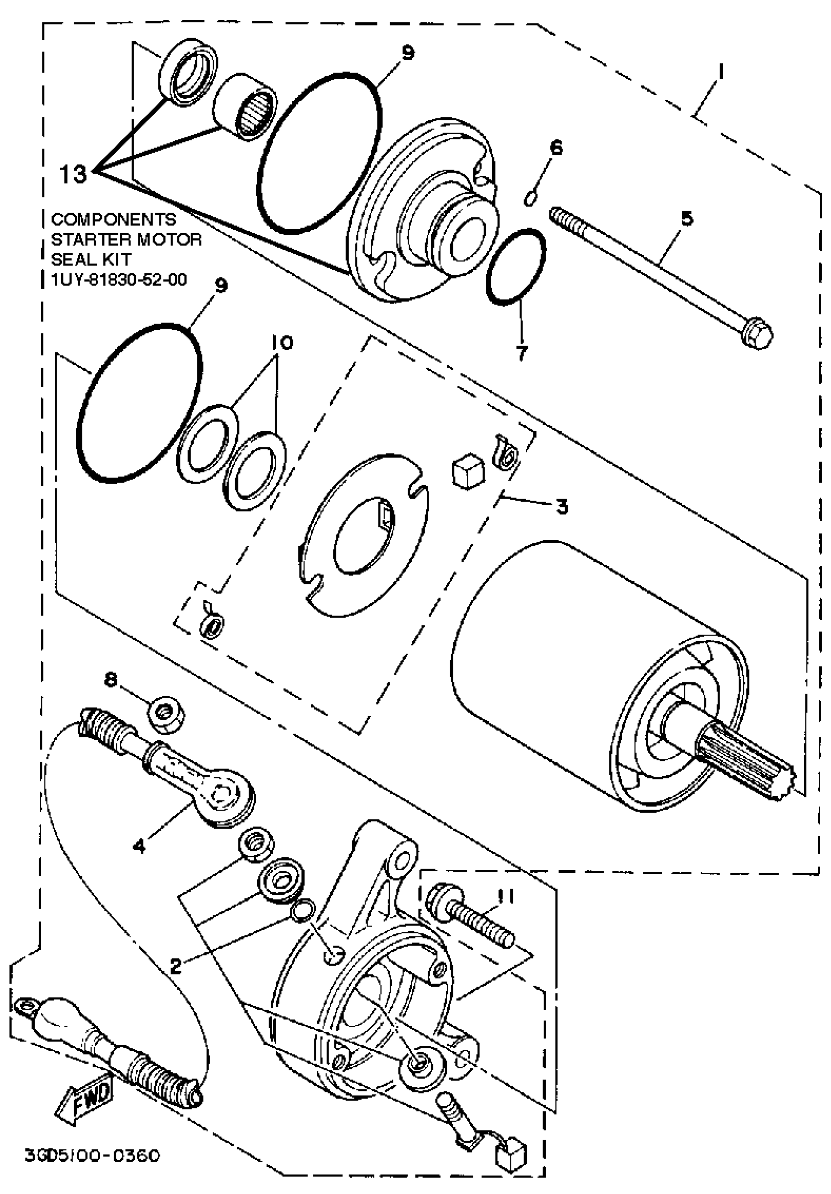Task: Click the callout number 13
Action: tap(73, 175)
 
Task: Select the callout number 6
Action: tap(556, 148)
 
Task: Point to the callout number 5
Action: tap(687, 219)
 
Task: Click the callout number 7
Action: tap(522, 353)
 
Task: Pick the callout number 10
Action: tap(281, 343)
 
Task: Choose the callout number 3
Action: tap(562, 506)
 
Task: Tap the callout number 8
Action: tap(111, 680)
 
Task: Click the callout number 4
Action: tap(139, 845)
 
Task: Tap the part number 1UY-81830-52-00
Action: tap(119, 280)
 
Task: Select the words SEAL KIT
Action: tap(91, 259)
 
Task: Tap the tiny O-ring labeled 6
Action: tap(530, 198)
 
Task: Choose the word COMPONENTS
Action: tap(113, 219)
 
